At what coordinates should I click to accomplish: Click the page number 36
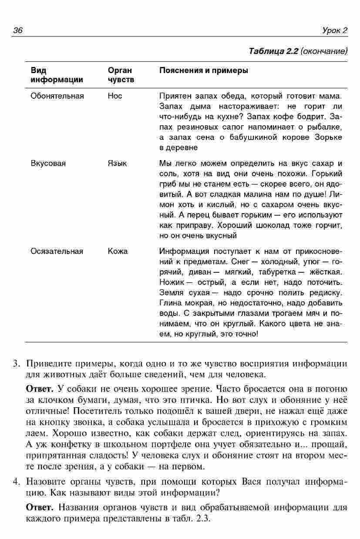coord(18,30)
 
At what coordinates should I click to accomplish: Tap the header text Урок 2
coord(335,30)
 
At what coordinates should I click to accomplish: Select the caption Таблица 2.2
coord(273,51)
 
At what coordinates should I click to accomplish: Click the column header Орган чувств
coord(121,75)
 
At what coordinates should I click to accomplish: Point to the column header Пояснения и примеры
coord(204,70)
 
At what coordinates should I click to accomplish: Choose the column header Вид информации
coord(57,75)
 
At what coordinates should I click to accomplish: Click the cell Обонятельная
coord(57,96)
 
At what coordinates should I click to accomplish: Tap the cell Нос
coord(115,96)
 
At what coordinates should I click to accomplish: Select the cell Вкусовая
coord(48,164)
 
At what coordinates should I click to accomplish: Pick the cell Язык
coord(117,164)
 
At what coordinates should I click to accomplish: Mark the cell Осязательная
coord(57,251)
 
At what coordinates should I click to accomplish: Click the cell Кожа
coord(118,251)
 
